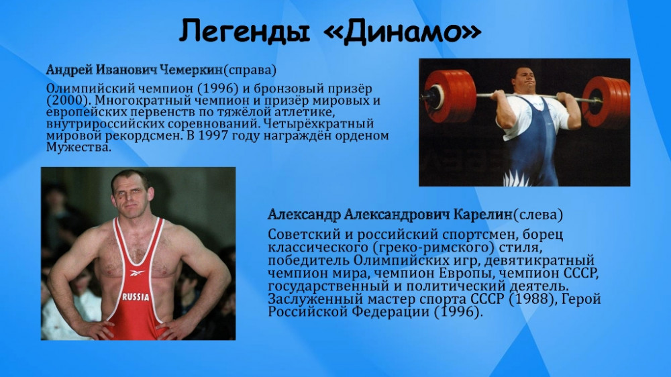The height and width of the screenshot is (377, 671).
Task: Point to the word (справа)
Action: [x=250, y=70]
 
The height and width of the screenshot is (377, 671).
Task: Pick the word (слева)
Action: [x=538, y=215]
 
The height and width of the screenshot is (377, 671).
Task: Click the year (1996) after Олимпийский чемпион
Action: [x=218, y=89]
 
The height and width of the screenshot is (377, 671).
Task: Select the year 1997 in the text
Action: [x=216, y=136]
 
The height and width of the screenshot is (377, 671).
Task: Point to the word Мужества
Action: [x=79, y=147]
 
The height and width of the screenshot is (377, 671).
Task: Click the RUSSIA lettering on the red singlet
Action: [x=136, y=297]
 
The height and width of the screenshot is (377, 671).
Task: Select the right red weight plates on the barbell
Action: [x=607, y=103]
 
